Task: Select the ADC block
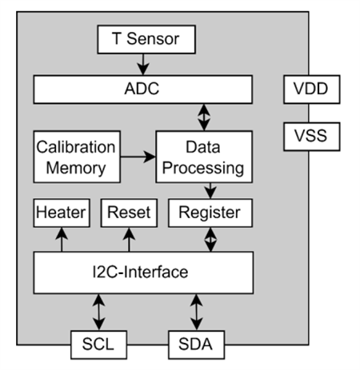[x=143, y=87]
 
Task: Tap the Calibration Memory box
[x=76, y=157]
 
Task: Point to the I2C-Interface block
[x=143, y=273]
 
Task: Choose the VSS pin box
[x=312, y=137]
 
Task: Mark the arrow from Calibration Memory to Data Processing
[x=137, y=157]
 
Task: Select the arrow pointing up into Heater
[x=61, y=238]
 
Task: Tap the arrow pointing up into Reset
[x=129, y=238]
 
